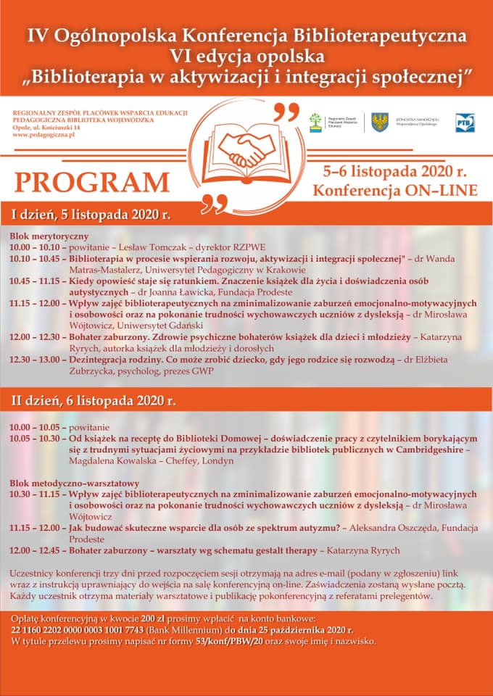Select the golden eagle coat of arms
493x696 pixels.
click(378, 122)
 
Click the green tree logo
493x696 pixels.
click(315, 122)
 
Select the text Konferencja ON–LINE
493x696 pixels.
click(394, 191)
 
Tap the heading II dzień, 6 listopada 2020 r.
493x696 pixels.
click(93, 400)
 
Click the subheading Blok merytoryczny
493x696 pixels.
click(49, 236)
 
